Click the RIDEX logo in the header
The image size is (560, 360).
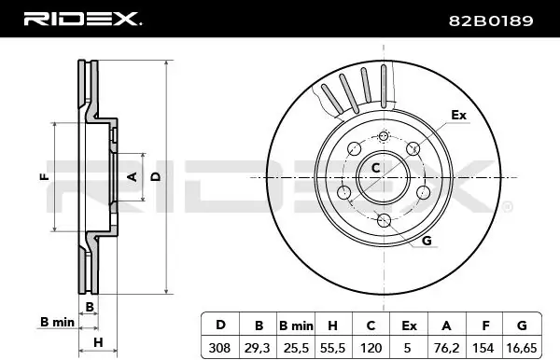click(82, 19)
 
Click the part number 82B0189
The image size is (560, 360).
click(491, 21)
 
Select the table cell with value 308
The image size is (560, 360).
click(219, 348)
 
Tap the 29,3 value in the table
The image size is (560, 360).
click(258, 348)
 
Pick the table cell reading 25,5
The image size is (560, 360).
click(296, 348)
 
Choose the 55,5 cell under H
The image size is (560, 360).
click(332, 348)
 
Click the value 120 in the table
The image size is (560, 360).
click(371, 348)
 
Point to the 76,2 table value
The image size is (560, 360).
click(446, 348)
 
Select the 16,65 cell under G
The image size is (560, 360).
click(522, 348)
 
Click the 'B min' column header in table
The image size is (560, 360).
click(296, 325)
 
